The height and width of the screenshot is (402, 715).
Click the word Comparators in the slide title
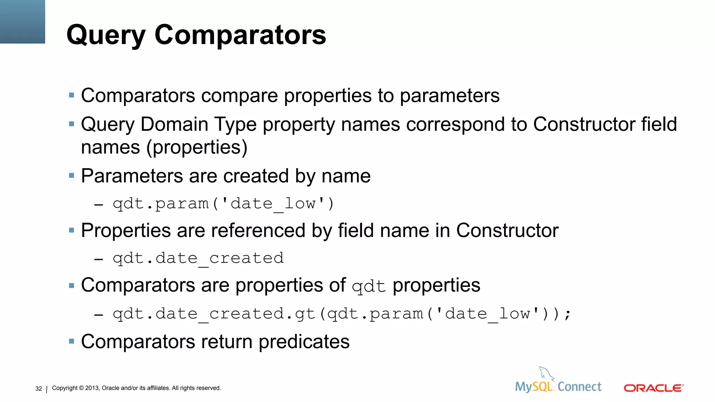(x=240, y=35)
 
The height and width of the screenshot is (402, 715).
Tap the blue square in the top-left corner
(x=22, y=22)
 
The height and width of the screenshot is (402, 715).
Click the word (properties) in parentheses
(x=197, y=147)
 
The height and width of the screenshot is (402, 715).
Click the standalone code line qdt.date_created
(x=198, y=259)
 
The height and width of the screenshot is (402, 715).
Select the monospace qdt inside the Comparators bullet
(x=369, y=287)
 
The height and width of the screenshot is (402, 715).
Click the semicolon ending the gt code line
(x=567, y=314)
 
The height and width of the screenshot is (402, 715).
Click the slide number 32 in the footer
(x=38, y=389)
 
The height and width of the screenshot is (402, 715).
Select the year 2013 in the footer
(x=92, y=388)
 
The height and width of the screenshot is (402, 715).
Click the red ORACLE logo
(x=654, y=388)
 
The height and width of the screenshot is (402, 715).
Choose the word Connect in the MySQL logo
(x=580, y=387)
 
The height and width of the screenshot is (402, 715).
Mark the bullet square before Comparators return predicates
(x=72, y=341)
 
